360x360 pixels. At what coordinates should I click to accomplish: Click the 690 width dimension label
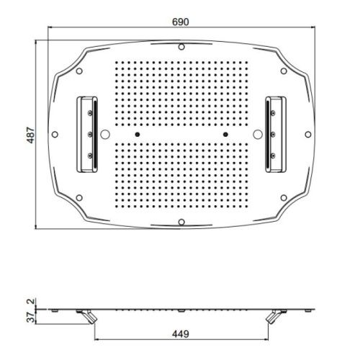[181, 22]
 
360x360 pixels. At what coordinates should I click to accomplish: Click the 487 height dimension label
[31, 135]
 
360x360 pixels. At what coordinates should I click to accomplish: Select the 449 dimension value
[181, 334]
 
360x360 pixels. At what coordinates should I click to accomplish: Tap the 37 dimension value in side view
[31, 317]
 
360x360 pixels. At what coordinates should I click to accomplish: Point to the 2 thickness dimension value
[31, 301]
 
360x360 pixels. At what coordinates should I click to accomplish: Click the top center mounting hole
[181, 47]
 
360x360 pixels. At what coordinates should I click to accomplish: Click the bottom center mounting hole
[181, 222]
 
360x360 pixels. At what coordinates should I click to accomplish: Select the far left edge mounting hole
[55, 135]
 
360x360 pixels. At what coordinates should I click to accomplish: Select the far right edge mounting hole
[308, 135]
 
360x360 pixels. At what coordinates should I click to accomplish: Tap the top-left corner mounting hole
[79, 71]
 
